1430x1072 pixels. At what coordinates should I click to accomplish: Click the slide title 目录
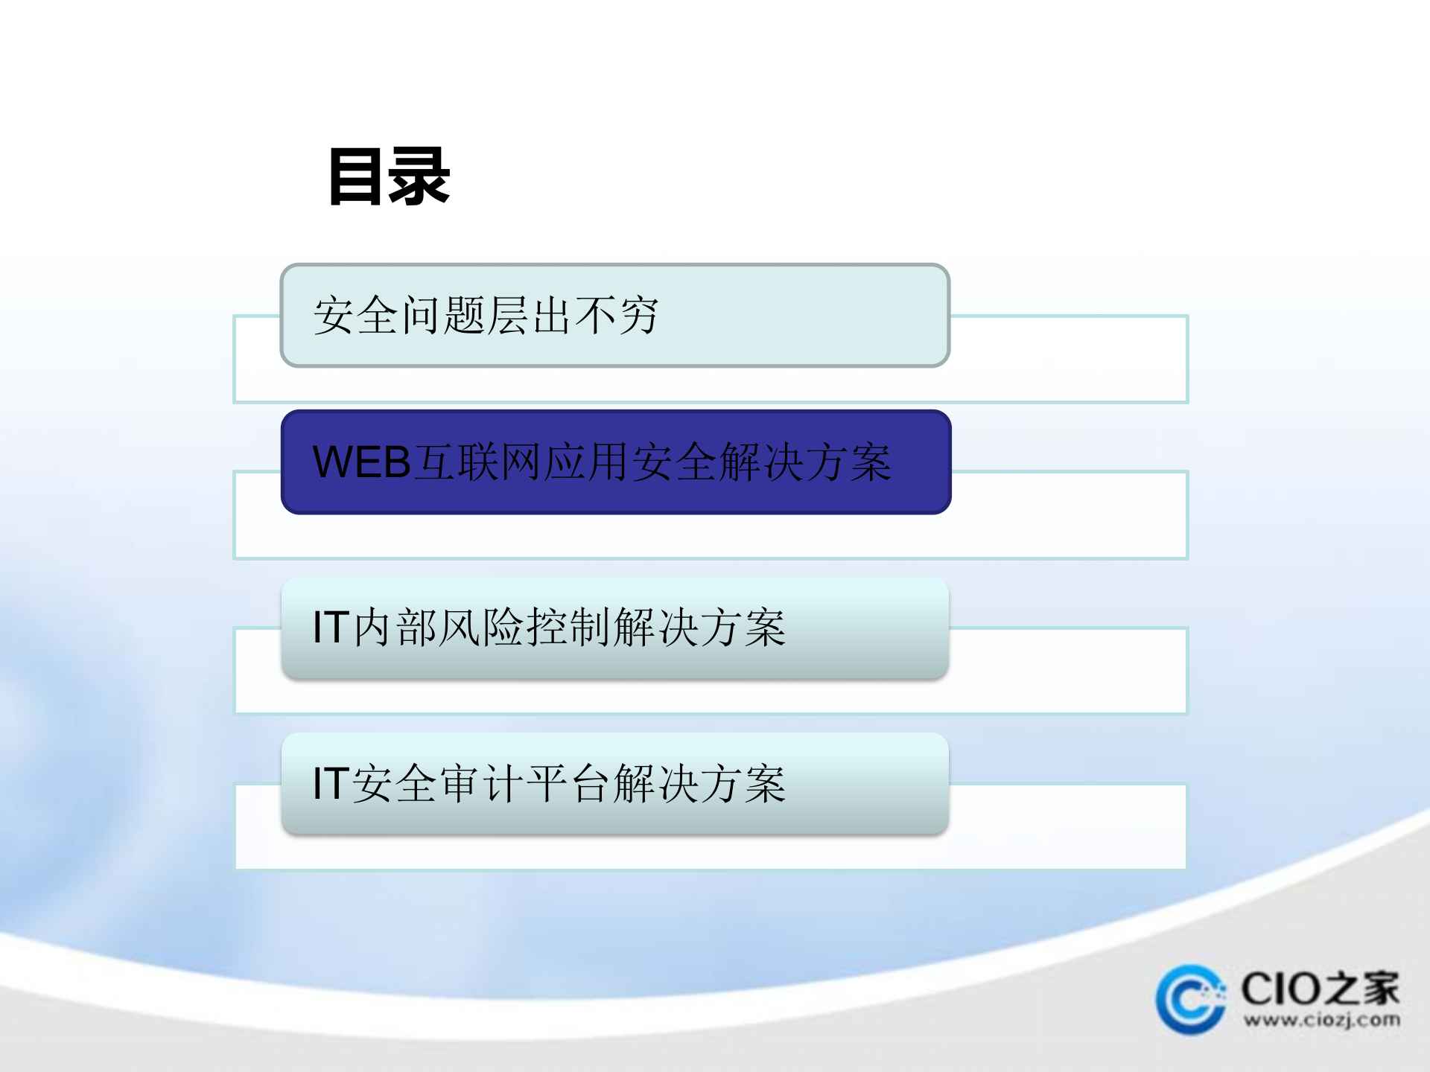click(390, 176)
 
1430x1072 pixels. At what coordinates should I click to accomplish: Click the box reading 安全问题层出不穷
click(614, 316)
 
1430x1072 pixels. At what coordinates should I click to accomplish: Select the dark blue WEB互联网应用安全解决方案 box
click(615, 462)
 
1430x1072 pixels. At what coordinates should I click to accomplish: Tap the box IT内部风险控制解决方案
click(614, 628)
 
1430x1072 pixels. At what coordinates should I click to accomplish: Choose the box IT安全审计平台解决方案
click(614, 784)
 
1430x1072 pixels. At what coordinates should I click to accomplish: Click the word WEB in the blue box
click(362, 462)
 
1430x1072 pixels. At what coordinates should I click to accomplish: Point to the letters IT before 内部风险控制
click(331, 628)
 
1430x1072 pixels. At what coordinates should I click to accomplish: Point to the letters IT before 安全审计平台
click(331, 784)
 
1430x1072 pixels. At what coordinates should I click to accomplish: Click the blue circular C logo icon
click(1190, 1000)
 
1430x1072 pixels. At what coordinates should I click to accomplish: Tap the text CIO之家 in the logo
click(1320, 989)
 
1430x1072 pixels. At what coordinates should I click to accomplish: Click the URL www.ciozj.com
click(1321, 1020)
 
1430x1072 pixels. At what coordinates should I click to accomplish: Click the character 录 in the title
click(419, 176)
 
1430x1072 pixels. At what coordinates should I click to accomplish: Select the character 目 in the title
click(358, 176)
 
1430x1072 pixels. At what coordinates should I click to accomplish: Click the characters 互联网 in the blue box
click(478, 462)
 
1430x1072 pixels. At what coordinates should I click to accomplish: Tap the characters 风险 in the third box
click(481, 628)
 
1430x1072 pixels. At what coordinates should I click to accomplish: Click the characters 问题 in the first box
click(444, 316)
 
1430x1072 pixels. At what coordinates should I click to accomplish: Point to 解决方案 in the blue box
click(805, 462)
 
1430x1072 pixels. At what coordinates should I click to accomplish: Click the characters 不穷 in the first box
click(617, 316)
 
